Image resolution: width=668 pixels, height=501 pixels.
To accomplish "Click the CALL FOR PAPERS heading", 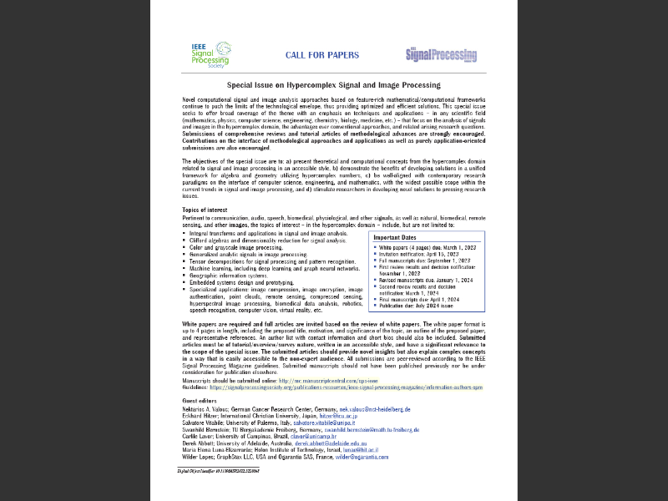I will [x=322, y=56].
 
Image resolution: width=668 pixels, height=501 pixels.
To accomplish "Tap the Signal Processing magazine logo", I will [x=441, y=55].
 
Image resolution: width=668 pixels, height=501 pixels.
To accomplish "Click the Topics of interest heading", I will [x=205, y=209].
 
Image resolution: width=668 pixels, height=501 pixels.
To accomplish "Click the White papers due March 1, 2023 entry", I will [x=428, y=248].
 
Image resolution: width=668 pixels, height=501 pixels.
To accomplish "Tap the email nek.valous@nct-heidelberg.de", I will [x=374, y=410].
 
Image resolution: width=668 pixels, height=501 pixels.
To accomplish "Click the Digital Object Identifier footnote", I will [x=223, y=471].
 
